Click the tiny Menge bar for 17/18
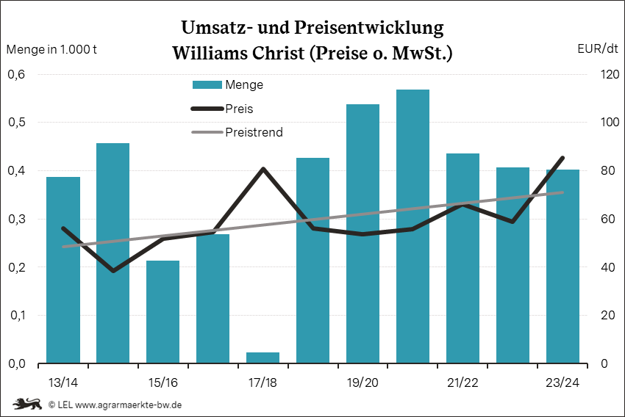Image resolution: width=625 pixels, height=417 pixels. (x=262, y=358)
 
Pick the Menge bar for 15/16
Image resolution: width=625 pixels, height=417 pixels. (x=162, y=312)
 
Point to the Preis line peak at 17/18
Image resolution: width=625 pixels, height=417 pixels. (x=263, y=169)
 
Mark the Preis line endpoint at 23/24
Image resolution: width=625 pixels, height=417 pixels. (x=562, y=158)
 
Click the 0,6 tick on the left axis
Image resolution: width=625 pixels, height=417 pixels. (x=16, y=74)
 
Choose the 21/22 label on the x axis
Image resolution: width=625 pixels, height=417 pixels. (x=463, y=383)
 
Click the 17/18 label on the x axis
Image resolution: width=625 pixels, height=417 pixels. (x=262, y=383)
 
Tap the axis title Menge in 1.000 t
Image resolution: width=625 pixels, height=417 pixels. (x=51, y=49)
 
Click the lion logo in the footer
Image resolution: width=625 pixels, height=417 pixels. (x=26, y=404)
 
